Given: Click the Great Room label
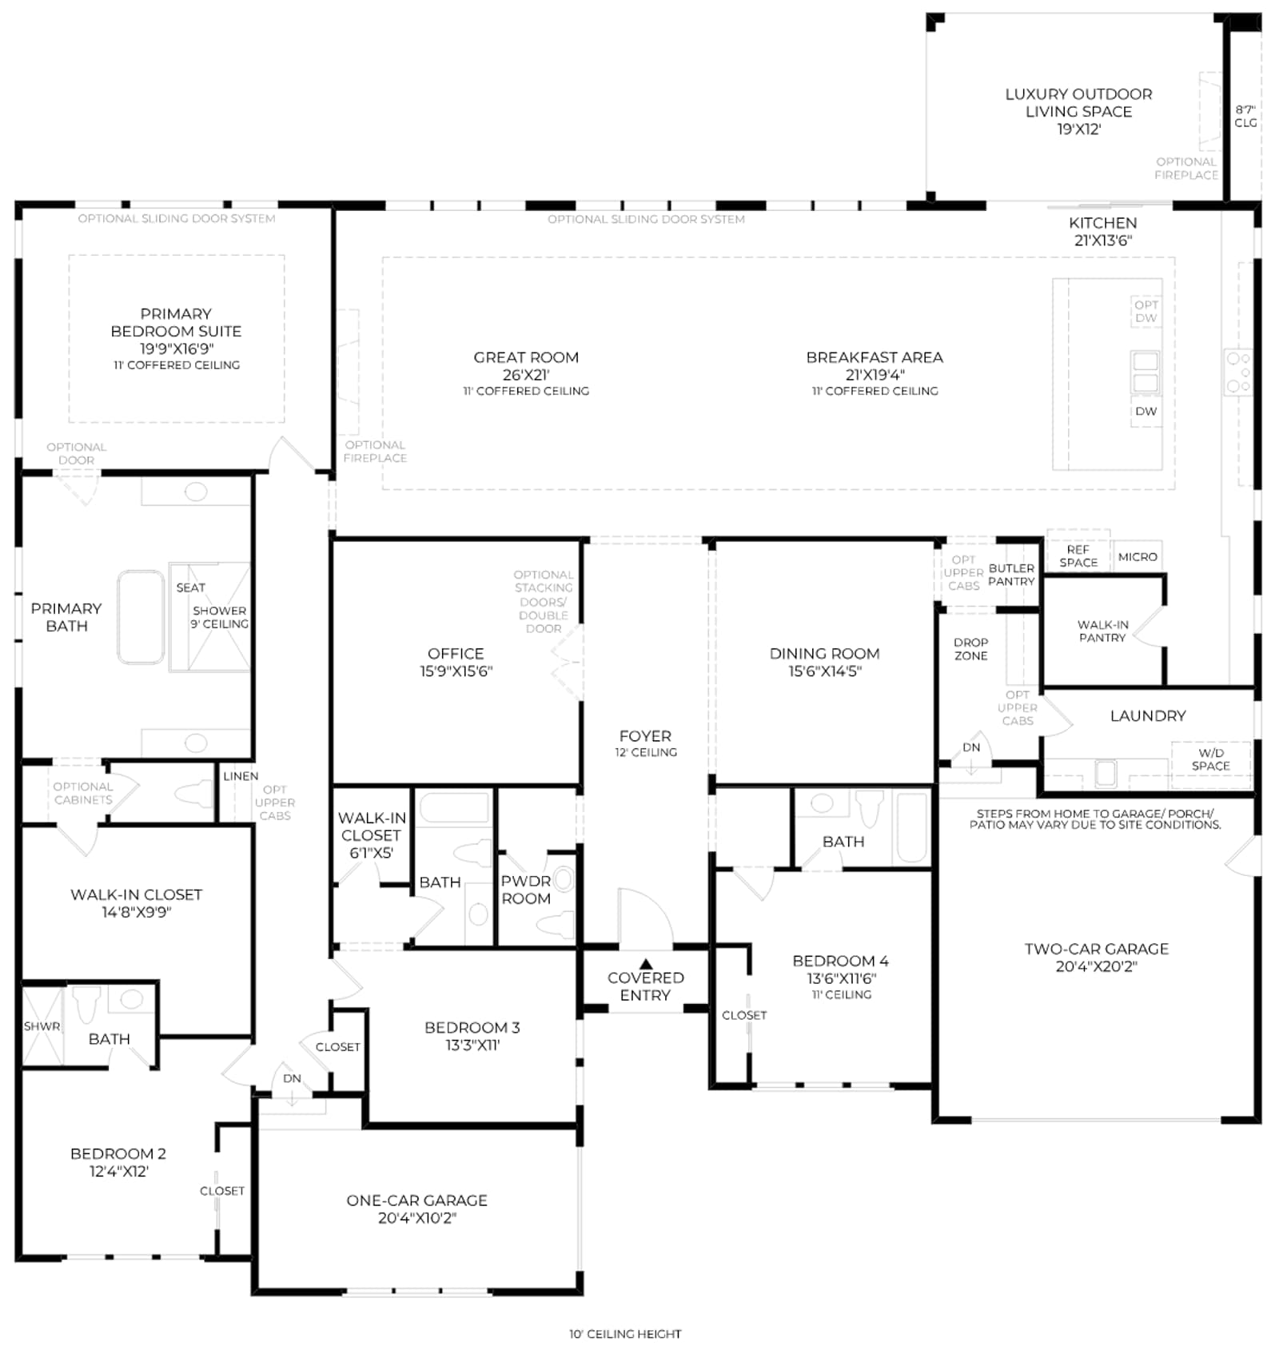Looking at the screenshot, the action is tap(526, 357).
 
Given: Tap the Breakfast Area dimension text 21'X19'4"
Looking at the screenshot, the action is tap(875, 375).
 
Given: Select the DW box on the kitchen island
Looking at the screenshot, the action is tap(1146, 412).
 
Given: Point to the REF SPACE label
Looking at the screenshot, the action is tap(1078, 556).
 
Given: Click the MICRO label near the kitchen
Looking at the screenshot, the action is tap(1138, 557).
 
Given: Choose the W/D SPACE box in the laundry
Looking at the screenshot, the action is tap(1211, 759).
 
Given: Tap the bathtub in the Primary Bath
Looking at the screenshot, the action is tap(141, 617).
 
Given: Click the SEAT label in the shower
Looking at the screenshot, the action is tap(191, 587).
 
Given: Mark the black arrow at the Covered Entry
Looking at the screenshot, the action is tap(646, 964).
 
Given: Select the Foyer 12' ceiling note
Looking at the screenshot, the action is tap(646, 752).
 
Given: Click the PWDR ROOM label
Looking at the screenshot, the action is tap(526, 890).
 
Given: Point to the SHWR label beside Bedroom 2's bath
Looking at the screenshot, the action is tap(42, 1026).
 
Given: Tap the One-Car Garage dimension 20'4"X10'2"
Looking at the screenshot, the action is tap(417, 1218).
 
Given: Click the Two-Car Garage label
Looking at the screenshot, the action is tap(1097, 949).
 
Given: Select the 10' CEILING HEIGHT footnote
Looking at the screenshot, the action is tap(625, 1334).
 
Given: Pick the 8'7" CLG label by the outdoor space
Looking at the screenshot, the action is tap(1245, 116).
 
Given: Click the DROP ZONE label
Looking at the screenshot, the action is tap(971, 649).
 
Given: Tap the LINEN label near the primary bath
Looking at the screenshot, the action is tap(241, 776).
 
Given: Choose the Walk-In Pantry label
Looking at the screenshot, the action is tap(1102, 631).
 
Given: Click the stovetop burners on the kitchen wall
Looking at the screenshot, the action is tap(1238, 372).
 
